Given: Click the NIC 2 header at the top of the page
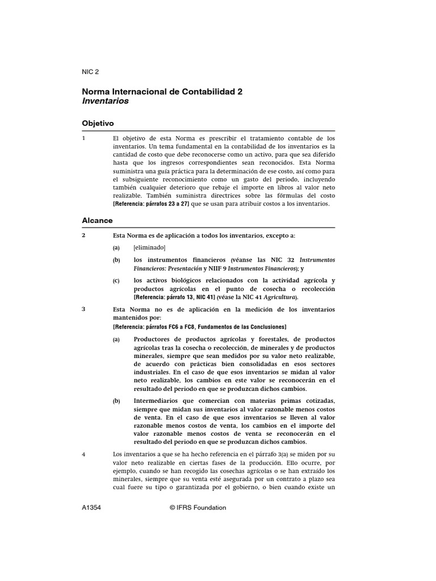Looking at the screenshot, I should tap(90, 72).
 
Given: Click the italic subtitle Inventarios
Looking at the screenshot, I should tap(106, 101).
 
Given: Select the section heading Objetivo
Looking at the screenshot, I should tap(98, 123).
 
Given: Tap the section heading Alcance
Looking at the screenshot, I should tap(97, 220).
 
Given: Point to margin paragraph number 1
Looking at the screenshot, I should tap(84, 138).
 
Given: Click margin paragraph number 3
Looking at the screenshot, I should tap(84, 310).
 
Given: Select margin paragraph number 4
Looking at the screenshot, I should tap(84, 454).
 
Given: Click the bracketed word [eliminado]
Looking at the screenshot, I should tap(149, 247).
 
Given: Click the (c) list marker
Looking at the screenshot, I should tap(116, 280).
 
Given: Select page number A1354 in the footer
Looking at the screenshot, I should tap(92, 508).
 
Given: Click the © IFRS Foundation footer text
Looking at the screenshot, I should tap(198, 508).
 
